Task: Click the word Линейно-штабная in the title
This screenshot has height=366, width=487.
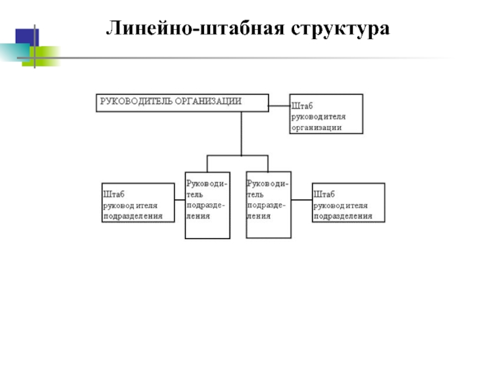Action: click(195, 28)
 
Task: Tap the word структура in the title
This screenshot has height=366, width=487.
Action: click(340, 29)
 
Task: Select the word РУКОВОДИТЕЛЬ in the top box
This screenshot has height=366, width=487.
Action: click(136, 101)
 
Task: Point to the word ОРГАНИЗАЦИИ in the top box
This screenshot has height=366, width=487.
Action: click(208, 101)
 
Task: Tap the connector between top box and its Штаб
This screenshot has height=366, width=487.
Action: click(279, 106)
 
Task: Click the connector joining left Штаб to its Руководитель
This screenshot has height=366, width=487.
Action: click(180, 200)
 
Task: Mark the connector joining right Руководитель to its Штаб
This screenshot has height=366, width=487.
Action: click(301, 200)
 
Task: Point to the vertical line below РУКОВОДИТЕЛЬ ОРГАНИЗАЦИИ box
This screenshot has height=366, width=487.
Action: click(241, 134)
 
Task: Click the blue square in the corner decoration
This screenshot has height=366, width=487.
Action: click(27, 37)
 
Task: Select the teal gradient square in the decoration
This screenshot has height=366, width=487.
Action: click(15, 52)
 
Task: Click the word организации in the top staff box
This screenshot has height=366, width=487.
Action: click(317, 127)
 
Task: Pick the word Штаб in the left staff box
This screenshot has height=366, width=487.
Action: click(114, 194)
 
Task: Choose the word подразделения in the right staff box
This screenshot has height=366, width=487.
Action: click(343, 216)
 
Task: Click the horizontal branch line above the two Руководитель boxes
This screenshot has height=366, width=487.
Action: click(237, 156)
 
